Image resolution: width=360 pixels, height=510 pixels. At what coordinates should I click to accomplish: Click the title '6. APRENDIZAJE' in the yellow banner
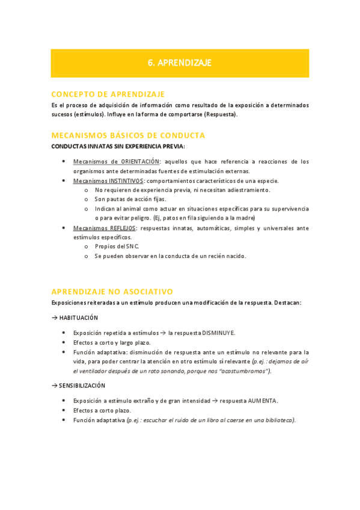(x=180, y=63)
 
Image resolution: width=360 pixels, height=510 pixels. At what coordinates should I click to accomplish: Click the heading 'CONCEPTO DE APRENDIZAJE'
(x=108, y=94)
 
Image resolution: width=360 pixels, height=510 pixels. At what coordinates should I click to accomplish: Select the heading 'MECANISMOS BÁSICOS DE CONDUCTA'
(x=128, y=135)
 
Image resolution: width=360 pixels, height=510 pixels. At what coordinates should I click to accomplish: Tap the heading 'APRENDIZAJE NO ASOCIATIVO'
(x=112, y=291)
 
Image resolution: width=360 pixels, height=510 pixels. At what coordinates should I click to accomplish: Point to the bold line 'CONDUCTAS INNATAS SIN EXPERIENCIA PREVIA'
(x=118, y=146)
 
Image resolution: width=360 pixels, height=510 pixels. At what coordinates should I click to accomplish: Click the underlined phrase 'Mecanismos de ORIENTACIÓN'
(x=117, y=161)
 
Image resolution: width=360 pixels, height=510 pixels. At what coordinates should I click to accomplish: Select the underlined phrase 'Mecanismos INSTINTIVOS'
(x=108, y=180)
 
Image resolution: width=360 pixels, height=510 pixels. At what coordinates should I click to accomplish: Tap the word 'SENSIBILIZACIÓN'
(x=82, y=386)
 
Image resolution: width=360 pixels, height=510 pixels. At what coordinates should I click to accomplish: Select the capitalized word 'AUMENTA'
(x=260, y=401)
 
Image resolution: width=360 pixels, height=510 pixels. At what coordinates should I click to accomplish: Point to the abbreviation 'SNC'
(x=132, y=247)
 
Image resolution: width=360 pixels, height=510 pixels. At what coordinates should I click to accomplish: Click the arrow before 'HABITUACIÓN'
(x=55, y=318)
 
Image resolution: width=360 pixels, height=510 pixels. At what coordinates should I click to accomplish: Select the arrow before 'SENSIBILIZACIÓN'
(x=55, y=386)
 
